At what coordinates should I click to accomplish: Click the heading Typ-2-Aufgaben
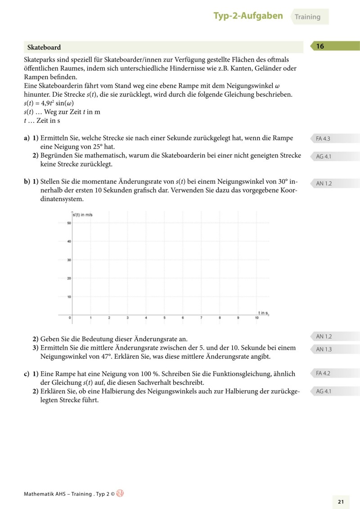248,16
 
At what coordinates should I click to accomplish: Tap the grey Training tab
308,17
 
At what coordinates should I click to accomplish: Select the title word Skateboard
44,47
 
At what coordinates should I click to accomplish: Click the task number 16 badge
320,46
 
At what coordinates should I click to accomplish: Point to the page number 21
341,502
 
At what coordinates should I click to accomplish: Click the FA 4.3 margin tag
323,139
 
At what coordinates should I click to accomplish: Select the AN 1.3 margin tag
324,349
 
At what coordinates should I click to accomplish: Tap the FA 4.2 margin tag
323,373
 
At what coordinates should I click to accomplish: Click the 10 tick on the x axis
256,318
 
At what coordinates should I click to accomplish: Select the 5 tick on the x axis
164,318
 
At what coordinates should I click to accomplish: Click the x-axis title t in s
263,312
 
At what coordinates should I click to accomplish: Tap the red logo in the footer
120,493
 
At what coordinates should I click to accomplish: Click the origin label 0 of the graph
70,318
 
